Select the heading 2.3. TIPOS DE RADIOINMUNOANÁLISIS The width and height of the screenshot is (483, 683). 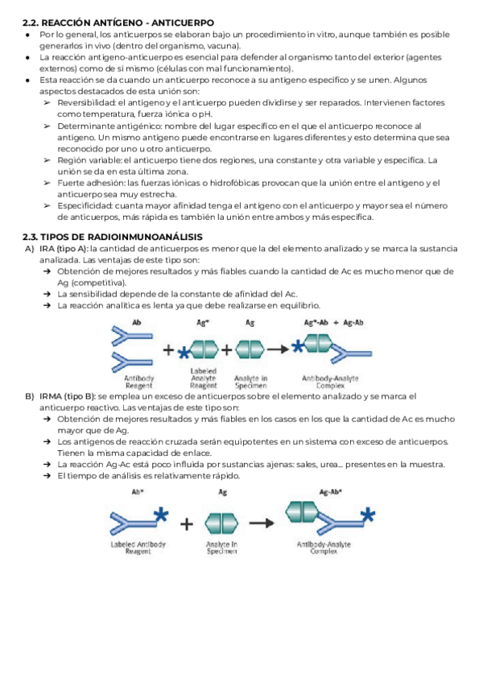(x=112, y=236)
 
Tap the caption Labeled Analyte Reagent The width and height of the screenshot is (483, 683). (x=203, y=378)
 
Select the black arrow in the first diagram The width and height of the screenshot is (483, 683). (x=279, y=350)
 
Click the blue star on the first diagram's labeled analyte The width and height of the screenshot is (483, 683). (x=185, y=352)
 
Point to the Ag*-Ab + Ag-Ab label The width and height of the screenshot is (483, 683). (x=333, y=322)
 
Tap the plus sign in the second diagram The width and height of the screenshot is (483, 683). (x=187, y=524)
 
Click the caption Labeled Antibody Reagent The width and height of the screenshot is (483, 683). (x=138, y=548)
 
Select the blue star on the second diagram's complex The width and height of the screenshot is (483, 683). (x=368, y=515)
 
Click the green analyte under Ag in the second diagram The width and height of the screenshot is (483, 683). (x=222, y=524)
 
